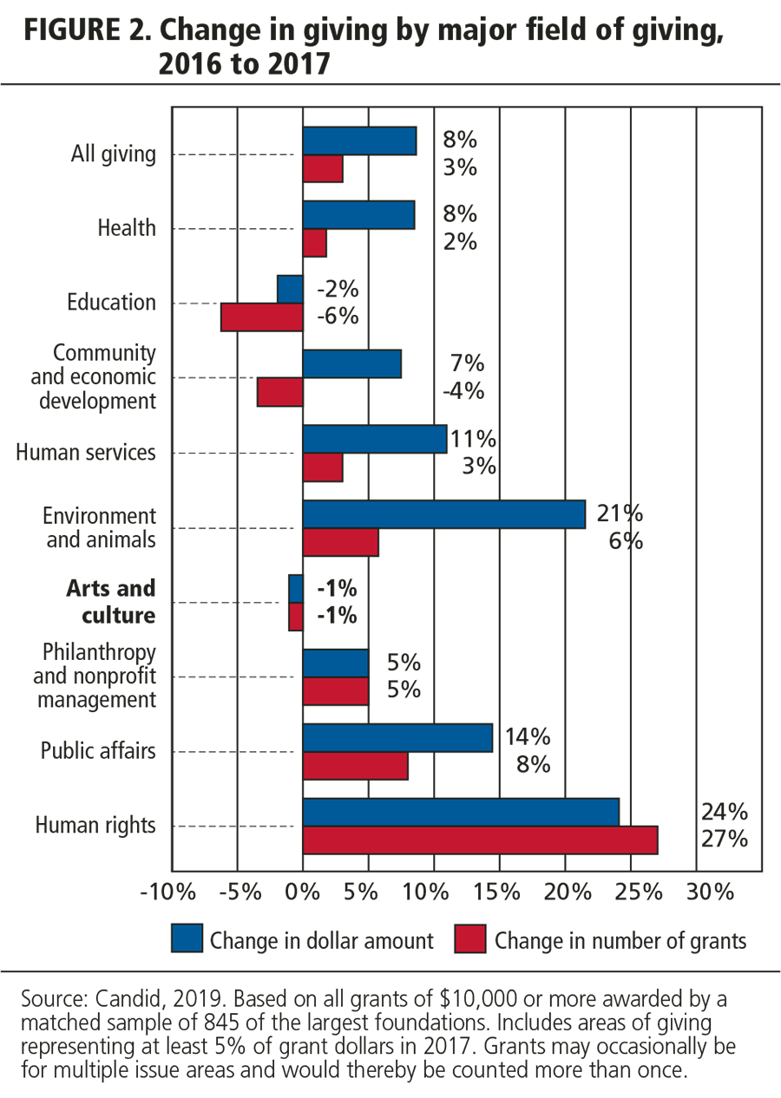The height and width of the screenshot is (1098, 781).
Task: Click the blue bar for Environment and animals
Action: pos(443,514)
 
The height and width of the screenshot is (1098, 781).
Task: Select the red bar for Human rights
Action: pos(480,840)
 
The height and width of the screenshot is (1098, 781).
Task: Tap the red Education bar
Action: pos(261,317)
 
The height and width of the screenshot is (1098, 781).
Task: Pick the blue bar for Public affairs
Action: pos(397,738)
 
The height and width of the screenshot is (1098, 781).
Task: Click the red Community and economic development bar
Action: pos(279,393)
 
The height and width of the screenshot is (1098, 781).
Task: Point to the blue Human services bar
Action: pos(374,440)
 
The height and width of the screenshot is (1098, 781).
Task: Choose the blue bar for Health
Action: pos(358,215)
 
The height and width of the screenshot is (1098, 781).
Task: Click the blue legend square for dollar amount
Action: pos(187,939)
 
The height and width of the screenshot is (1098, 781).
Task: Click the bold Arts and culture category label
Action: pos(111,602)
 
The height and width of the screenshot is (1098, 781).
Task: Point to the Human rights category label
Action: pos(95,825)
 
